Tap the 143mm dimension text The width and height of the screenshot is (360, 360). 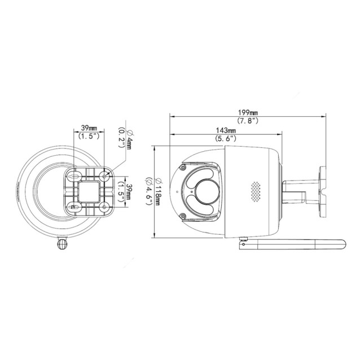[x=226, y=130]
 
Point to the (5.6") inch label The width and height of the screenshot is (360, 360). [x=226, y=139]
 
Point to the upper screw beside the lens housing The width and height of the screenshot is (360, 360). [x=182, y=167]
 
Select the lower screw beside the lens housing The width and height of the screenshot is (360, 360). [x=182, y=216]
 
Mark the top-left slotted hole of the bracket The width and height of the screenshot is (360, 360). [x=73, y=176]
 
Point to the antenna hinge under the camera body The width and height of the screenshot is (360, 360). [x=244, y=240]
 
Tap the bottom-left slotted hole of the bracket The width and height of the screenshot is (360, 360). [x=73, y=208]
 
